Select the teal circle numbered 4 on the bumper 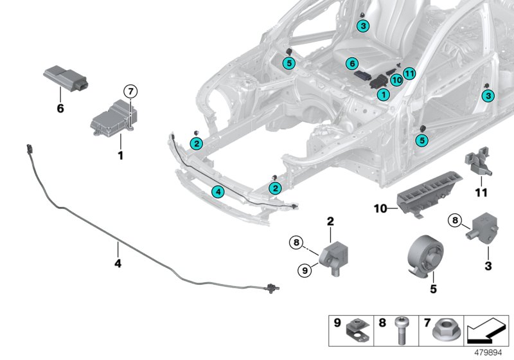(x=218, y=192)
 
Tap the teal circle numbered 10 (x=396, y=80)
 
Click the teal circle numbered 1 (x=383, y=94)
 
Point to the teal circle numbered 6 (x=351, y=64)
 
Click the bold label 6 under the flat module (x=60, y=109)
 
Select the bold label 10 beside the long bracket (x=382, y=208)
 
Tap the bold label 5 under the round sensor (x=433, y=289)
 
